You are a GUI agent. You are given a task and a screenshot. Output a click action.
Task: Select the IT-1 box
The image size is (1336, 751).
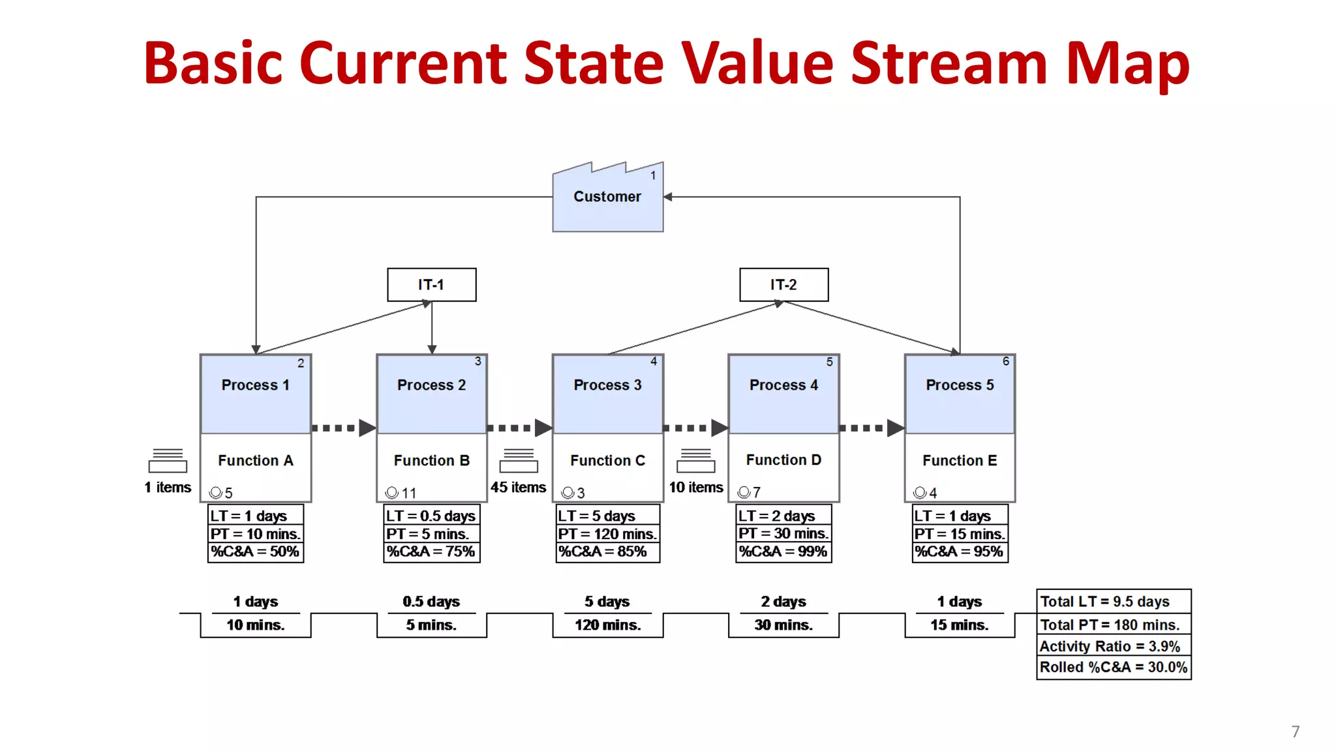coord(431,285)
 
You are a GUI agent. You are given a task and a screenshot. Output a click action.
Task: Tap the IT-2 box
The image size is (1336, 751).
coord(783,285)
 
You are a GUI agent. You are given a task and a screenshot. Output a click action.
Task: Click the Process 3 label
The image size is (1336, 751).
coord(607,385)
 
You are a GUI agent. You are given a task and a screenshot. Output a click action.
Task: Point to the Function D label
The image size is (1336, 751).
coord(783,460)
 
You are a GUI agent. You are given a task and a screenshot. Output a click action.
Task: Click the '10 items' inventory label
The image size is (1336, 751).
coord(696,488)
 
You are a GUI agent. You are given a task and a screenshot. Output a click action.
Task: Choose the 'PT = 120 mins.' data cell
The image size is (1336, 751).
coord(607,534)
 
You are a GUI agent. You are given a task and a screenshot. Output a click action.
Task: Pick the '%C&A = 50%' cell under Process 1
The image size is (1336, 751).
coord(255,552)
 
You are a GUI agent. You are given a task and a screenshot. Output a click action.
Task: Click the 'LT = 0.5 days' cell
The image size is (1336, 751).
coord(431,516)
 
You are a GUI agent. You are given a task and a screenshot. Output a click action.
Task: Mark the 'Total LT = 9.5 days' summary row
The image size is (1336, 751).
coord(1114,602)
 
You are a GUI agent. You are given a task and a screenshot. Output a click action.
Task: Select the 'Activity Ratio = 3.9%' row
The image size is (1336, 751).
coord(1114,647)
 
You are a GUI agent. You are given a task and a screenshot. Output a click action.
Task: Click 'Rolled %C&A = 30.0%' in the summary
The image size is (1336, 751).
coord(1114,668)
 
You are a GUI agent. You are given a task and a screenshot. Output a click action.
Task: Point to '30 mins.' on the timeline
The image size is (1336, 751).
coord(783,625)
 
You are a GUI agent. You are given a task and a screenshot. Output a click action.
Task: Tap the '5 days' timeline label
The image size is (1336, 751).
coord(607,602)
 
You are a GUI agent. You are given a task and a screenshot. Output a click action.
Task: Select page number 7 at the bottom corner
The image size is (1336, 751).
coord(1296,731)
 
